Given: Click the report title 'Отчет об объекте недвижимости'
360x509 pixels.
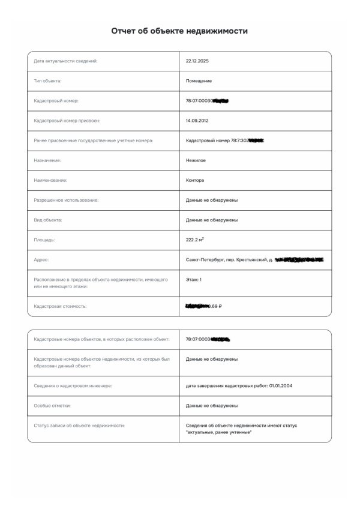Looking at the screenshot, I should pos(179,31).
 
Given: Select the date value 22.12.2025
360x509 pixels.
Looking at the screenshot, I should pos(196,61).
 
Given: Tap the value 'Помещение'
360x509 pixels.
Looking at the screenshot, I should pos(199,81).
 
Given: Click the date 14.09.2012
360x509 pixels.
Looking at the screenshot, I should pos(196,121).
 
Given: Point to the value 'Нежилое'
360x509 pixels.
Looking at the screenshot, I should pos(196,160).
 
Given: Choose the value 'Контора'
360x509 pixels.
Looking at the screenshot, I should pos(195,180).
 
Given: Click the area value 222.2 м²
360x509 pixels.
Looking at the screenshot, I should pos(195,239).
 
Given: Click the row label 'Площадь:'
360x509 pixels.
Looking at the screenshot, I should pos(44,240).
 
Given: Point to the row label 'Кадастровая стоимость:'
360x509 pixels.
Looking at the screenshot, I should pos(61,306).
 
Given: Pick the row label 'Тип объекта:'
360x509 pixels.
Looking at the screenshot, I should pos(48,81).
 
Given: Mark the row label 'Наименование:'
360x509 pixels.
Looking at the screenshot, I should pos(50,180).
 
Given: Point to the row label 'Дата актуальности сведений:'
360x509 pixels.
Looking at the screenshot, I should pos(65,61).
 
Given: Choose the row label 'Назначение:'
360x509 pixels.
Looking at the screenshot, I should pos(47,160).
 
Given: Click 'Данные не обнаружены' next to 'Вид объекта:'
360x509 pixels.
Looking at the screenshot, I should pos(212,220).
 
